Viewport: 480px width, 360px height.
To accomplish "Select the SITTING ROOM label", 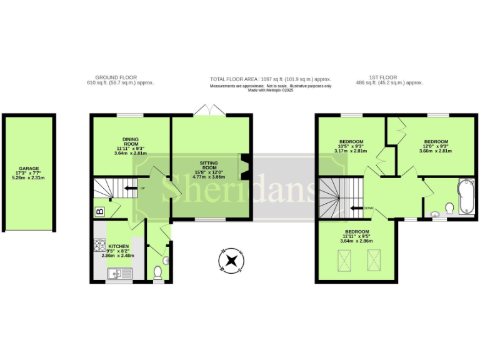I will point(209,168).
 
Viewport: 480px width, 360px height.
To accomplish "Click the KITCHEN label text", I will point(118,246).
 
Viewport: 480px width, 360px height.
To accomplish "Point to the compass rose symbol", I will point(232,261).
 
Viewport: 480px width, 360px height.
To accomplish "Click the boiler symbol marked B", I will point(99,212).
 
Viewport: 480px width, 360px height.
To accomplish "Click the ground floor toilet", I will point(157,272).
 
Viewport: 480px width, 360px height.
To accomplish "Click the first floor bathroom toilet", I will point(449,207).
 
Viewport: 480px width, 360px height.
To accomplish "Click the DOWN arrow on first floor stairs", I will point(357,209).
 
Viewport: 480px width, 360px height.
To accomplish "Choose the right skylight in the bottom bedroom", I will point(374,260).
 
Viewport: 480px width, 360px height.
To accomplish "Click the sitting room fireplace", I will point(246,167).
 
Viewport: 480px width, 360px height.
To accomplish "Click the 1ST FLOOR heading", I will point(379,77).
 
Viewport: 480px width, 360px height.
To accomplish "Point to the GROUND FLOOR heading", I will point(121,77).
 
